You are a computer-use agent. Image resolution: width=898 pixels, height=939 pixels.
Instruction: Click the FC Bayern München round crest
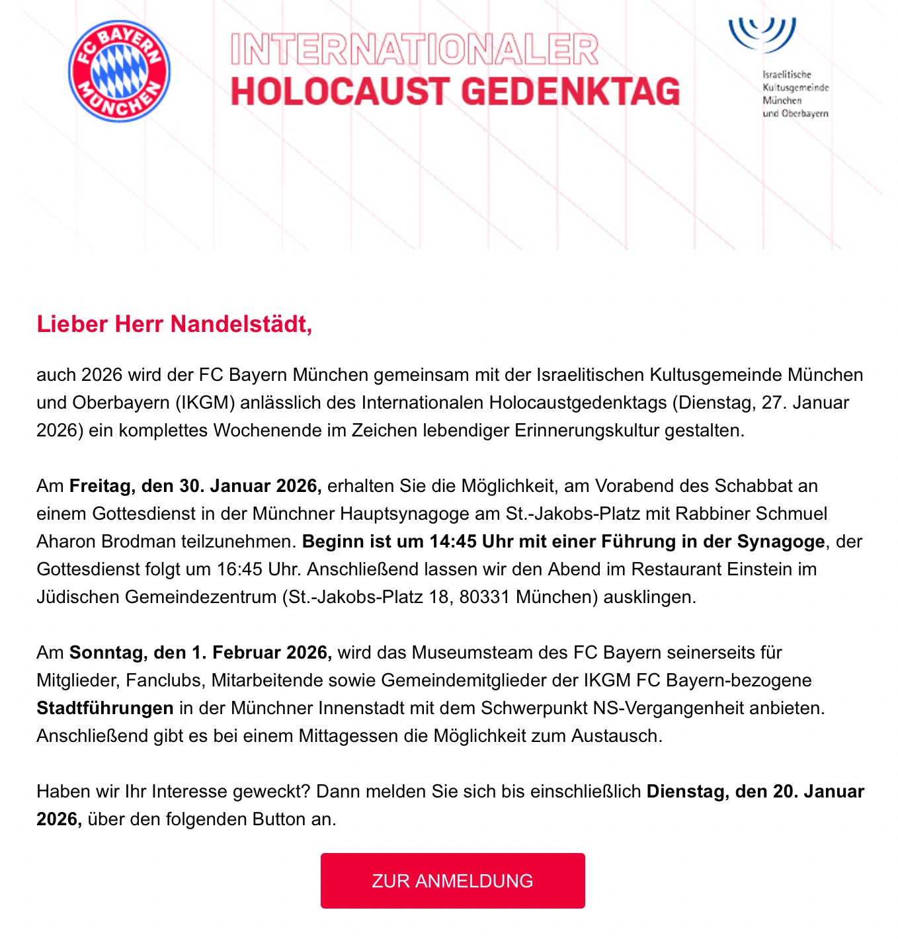pyautogui.click(x=119, y=71)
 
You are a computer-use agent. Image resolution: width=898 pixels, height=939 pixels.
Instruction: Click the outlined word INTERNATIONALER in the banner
pyautogui.click(x=415, y=50)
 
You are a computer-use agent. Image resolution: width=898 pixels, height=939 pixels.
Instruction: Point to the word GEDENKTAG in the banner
pyautogui.click(x=571, y=92)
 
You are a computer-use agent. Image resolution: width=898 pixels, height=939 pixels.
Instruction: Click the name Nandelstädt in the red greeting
pyautogui.click(x=241, y=324)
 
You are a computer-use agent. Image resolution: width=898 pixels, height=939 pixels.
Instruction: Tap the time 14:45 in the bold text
pyautogui.click(x=453, y=542)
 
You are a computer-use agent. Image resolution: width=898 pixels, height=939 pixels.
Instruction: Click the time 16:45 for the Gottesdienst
pyautogui.click(x=238, y=569)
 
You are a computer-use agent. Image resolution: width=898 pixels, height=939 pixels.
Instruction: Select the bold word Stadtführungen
pyautogui.click(x=105, y=708)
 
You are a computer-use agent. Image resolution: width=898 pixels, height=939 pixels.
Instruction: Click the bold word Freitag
pyautogui.click(x=101, y=486)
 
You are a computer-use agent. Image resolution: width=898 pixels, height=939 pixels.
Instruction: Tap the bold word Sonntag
pyautogui.click(x=108, y=653)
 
